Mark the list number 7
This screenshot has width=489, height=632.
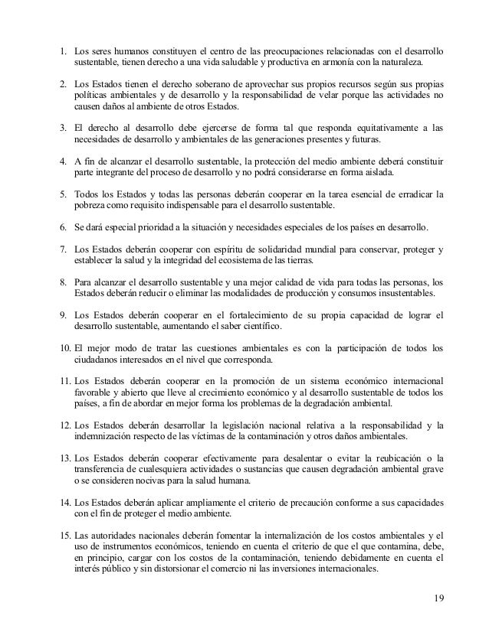62,250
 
